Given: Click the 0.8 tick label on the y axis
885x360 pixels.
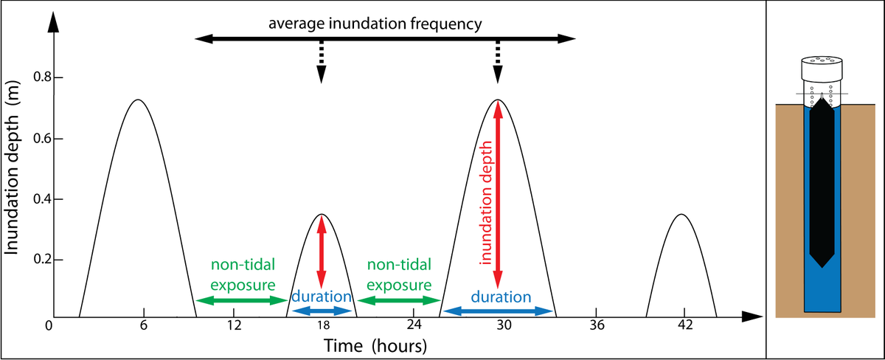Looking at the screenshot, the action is tap(43, 77).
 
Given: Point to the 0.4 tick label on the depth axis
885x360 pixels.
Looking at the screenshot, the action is tap(43, 199).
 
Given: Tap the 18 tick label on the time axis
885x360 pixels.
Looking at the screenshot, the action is tap(323, 325).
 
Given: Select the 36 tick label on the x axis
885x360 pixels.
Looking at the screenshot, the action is tap(597, 325).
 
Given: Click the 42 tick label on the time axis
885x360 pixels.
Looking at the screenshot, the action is tap(685, 325).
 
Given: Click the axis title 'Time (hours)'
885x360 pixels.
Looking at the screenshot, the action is tap(375, 346).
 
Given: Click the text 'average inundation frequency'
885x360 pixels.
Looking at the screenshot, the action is tap(375, 24).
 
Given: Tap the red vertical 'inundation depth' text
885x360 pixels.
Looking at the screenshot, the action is tap(485, 202).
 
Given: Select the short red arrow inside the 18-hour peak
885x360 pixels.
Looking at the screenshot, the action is tap(322, 252).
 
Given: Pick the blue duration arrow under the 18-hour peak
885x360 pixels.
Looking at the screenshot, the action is tap(322, 311).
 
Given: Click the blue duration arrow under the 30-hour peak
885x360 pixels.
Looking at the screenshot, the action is tap(498, 311).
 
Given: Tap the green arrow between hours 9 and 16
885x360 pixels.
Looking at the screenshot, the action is tap(242, 301).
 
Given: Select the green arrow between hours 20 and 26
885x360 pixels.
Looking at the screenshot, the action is tap(399, 301).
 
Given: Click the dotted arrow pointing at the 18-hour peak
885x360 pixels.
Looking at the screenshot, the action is tap(322, 62).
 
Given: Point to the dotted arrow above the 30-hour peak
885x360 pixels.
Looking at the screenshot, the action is tap(498, 62).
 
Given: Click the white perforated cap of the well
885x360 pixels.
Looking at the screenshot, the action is tap(822, 69).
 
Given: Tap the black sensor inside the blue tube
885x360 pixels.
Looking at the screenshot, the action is tap(822, 181).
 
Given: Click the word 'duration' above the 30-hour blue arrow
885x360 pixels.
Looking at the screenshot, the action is tap(501, 297).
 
